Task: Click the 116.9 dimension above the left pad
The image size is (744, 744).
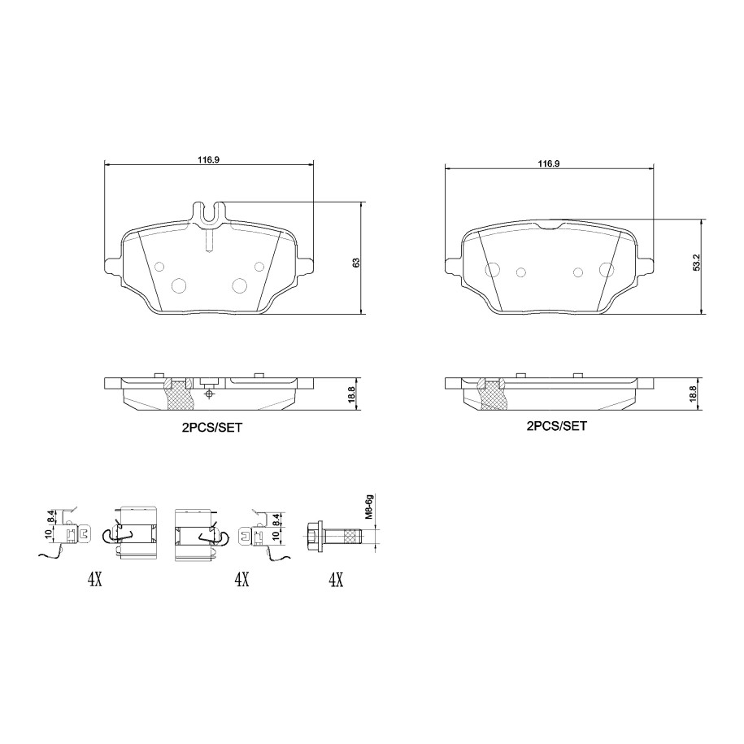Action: coord(208,160)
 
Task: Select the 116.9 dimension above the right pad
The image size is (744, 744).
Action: coord(549,163)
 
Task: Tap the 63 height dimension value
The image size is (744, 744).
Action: coord(356,263)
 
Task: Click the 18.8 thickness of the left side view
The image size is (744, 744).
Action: coord(351,395)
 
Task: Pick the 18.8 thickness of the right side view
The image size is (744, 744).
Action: coord(693,394)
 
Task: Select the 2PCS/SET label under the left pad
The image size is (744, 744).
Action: coord(211,428)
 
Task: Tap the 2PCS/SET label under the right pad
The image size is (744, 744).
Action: coord(556,426)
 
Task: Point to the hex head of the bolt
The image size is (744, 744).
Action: coord(313,535)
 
